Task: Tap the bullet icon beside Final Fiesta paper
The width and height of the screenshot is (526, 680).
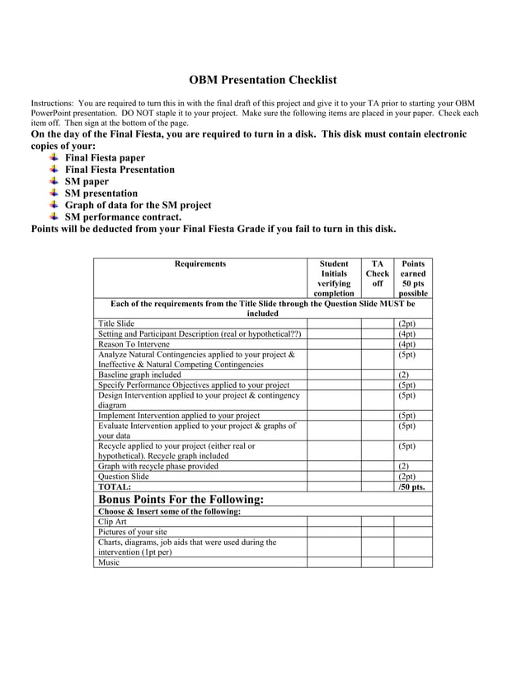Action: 54,157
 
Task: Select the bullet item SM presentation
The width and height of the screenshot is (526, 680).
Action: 101,193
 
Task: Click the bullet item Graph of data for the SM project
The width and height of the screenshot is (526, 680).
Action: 138,205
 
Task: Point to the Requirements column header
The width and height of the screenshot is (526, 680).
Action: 200,264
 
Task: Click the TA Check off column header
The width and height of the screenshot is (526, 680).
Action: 378,273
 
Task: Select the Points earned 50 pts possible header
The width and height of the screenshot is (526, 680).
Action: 413,278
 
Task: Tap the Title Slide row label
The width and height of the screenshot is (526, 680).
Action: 116,324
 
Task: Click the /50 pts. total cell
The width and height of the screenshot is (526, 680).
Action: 411,487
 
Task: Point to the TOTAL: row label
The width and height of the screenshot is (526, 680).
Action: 115,487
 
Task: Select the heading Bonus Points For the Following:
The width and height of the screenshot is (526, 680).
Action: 181,500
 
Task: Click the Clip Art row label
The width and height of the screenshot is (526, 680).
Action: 112,521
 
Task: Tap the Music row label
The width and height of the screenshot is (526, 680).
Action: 109,562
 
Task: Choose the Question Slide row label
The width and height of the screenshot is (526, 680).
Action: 124,477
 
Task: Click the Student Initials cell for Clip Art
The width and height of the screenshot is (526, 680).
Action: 334,521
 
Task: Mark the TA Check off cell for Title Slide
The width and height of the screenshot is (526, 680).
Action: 378,324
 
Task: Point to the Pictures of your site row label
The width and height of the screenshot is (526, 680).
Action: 132,532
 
